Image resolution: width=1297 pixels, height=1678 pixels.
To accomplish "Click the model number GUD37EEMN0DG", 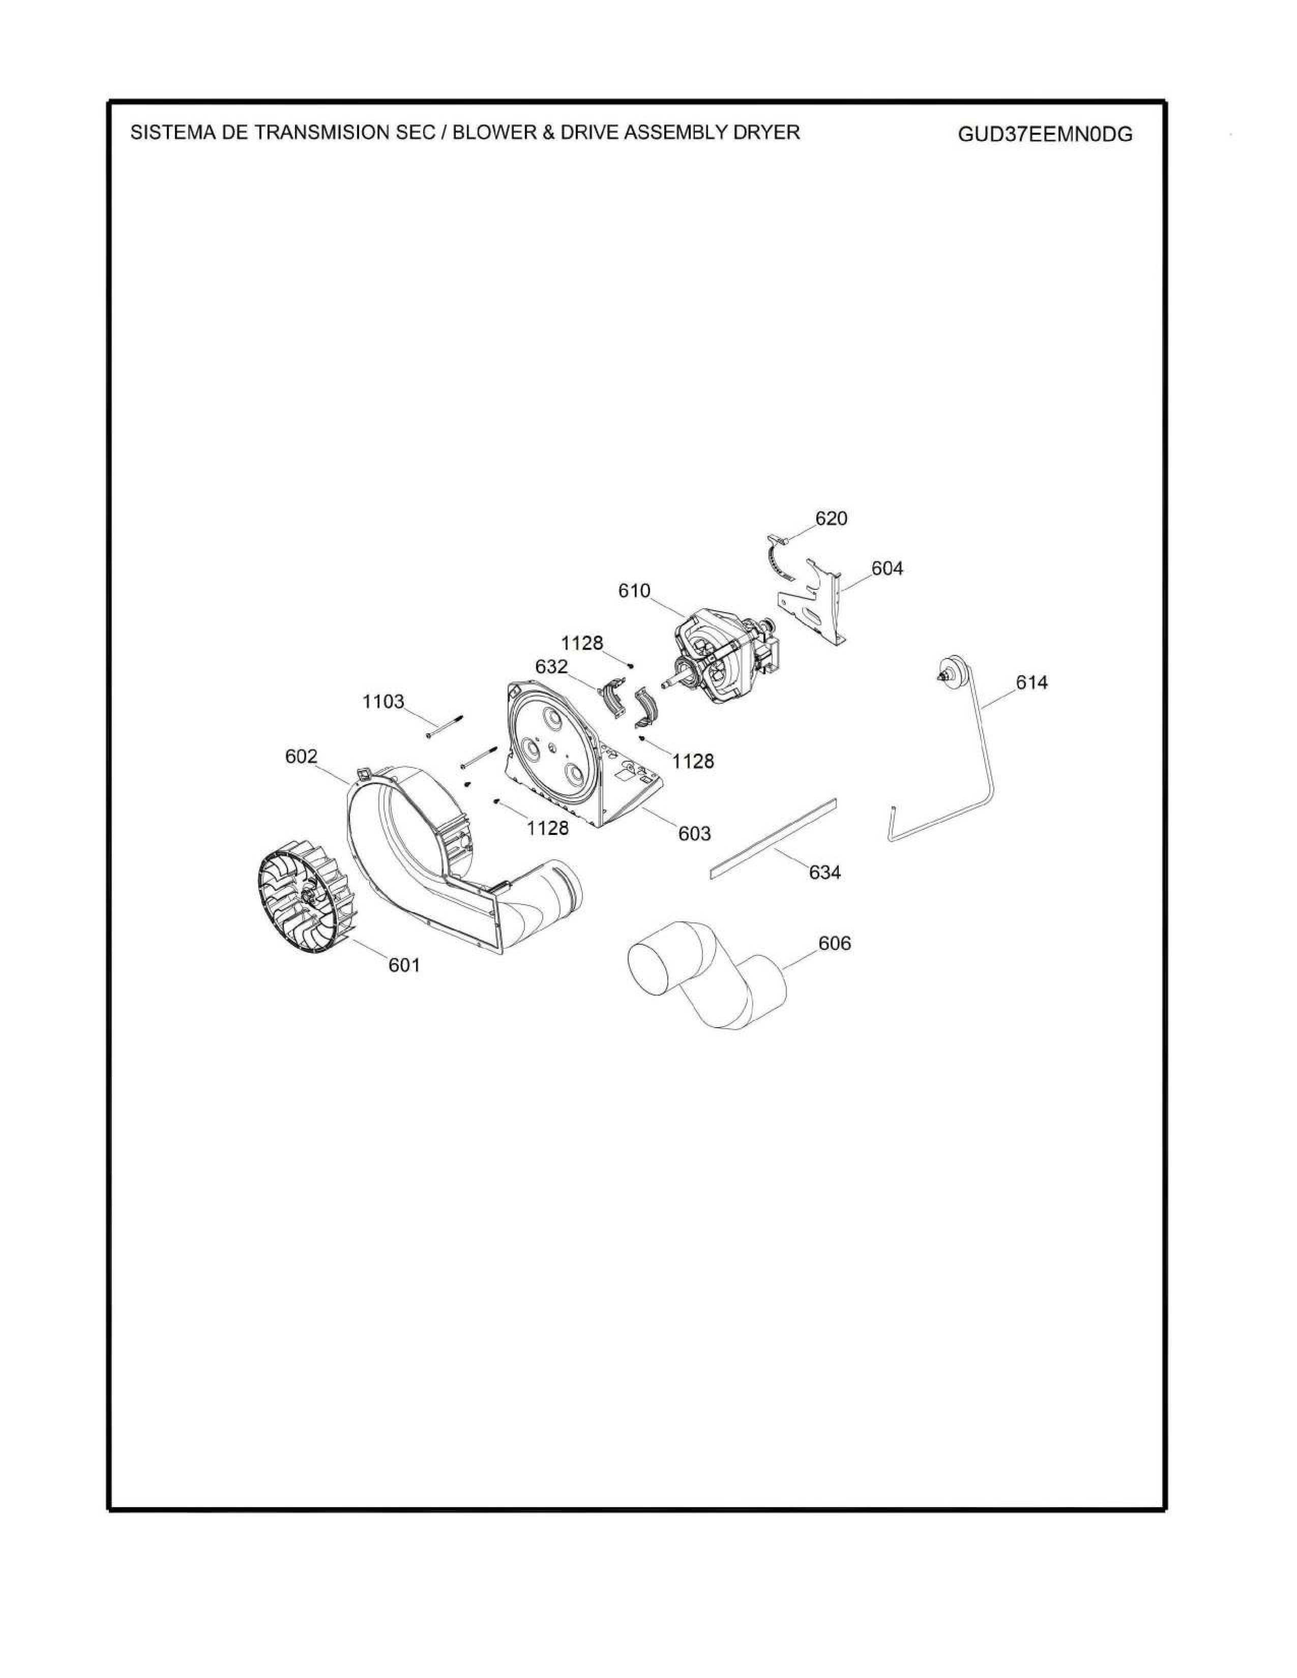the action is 1045,134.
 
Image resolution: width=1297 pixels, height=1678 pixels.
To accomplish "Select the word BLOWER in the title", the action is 486,132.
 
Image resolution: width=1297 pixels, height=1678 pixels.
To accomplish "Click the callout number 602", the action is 301,757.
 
